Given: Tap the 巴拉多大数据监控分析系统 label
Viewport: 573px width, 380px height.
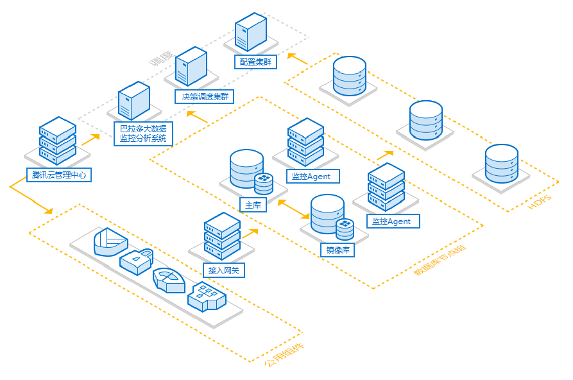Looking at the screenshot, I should click(x=142, y=134).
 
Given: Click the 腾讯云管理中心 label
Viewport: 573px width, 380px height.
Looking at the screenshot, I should click(x=58, y=175).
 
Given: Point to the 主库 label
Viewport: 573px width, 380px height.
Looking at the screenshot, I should click(x=253, y=205).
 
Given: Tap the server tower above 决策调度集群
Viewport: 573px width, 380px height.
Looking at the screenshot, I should click(x=191, y=66).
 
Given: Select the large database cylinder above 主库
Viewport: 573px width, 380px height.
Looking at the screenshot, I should click(x=246, y=166).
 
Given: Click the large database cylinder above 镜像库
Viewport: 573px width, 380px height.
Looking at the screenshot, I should click(x=327, y=213).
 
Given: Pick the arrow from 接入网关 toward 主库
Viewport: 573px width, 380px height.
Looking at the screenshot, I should click(x=250, y=232).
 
